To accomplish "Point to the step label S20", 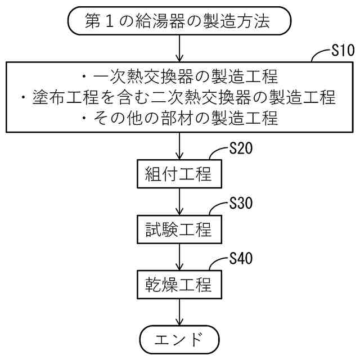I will click(241, 149).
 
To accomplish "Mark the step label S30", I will click(241, 204).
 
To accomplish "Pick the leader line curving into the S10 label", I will click(319, 54).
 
